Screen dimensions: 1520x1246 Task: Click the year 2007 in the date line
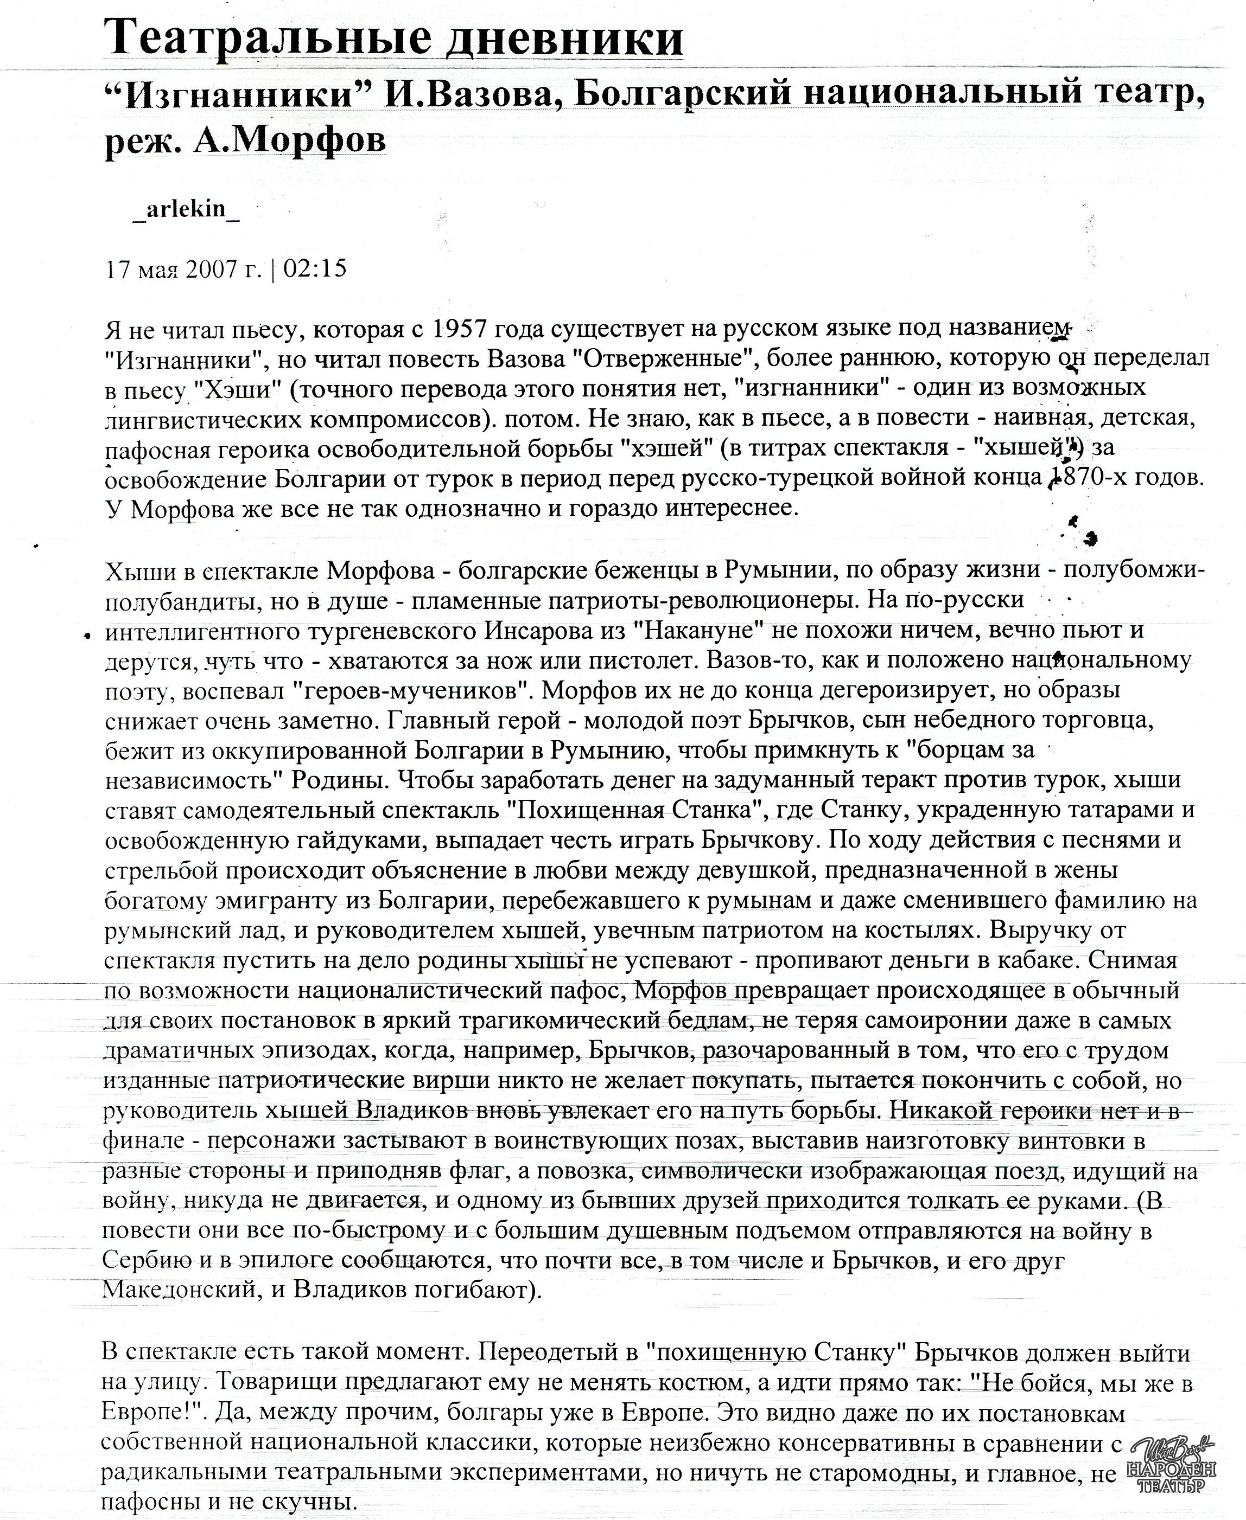(212, 269)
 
